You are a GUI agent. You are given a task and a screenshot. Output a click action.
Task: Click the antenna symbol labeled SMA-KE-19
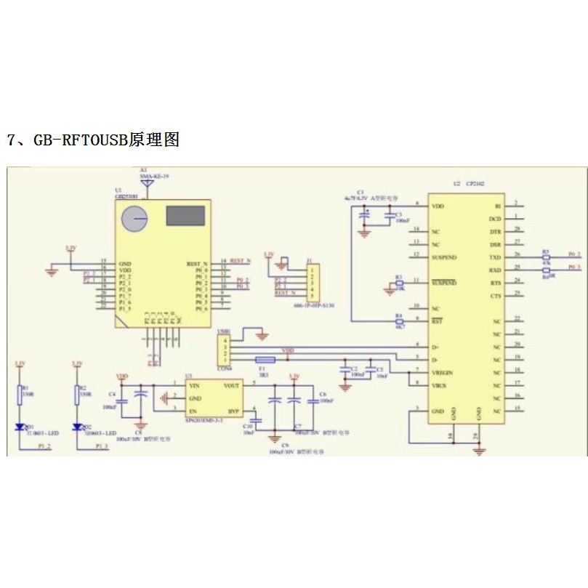click(x=145, y=183)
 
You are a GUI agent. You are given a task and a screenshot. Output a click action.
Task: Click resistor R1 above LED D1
click(x=20, y=394)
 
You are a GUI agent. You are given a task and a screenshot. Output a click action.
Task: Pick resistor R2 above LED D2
click(x=77, y=394)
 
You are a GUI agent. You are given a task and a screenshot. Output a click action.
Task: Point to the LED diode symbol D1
click(x=20, y=427)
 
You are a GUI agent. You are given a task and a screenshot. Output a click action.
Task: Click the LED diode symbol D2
click(x=77, y=427)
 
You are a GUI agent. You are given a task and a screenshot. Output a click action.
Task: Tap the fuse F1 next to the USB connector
click(x=265, y=360)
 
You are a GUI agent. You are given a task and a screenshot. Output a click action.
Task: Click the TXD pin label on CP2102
click(x=495, y=257)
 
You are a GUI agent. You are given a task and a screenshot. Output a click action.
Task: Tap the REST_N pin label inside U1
click(x=197, y=263)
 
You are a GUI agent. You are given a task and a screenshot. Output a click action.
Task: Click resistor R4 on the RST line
click(x=398, y=320)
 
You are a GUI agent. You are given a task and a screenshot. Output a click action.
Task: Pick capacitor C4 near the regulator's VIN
click(x=122, y=398)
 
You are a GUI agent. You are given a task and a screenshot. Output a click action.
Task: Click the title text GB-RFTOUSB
click(x=80, y=140)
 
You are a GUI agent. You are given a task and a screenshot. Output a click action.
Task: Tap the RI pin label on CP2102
click(x=497, y=206)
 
